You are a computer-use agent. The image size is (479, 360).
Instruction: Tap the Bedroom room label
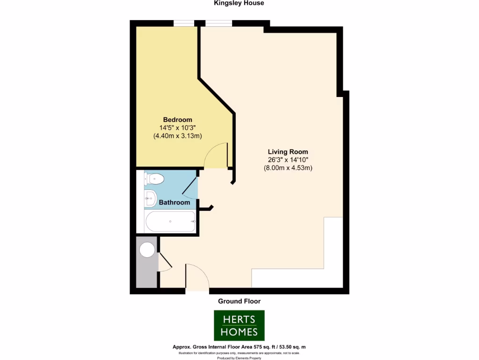coord(177,120)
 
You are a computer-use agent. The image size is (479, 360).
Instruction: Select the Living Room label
coord(288,152)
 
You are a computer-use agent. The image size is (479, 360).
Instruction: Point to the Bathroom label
coord(174,202)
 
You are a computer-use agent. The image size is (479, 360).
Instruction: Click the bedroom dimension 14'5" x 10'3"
coord(177,127)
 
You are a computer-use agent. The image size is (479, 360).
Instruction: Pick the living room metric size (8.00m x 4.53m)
coord(288,168)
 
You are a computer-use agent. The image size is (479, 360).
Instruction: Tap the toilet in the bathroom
coord(154,179)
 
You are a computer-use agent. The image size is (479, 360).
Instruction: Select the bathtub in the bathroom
coord(170,221)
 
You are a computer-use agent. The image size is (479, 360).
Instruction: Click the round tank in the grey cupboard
coord(147,250)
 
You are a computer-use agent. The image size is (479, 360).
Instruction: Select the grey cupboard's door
coord(165,261)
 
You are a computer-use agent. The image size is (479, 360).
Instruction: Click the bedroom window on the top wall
coord(184,23)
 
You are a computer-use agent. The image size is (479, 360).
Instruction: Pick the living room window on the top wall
coord(219,23)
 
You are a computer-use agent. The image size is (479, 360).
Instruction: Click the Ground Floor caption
coord(239,301)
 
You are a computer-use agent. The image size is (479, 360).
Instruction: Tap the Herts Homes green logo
coord(239,325)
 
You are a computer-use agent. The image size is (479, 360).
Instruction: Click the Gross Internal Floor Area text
coord(239,347)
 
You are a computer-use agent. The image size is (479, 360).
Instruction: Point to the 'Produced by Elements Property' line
coord(239,358)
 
